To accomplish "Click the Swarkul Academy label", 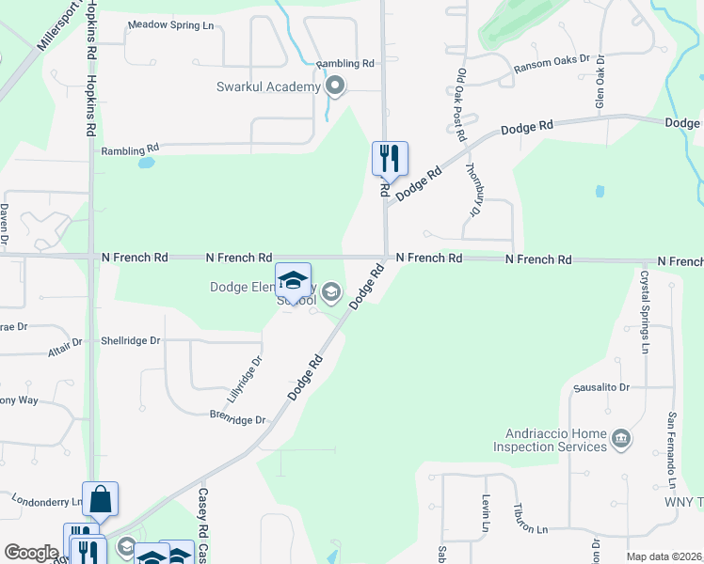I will (266, 87).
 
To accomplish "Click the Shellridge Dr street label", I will (131, 340).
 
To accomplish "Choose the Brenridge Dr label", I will (237, 416).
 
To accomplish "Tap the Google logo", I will (31, 553).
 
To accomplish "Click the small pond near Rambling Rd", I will (146, 163).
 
